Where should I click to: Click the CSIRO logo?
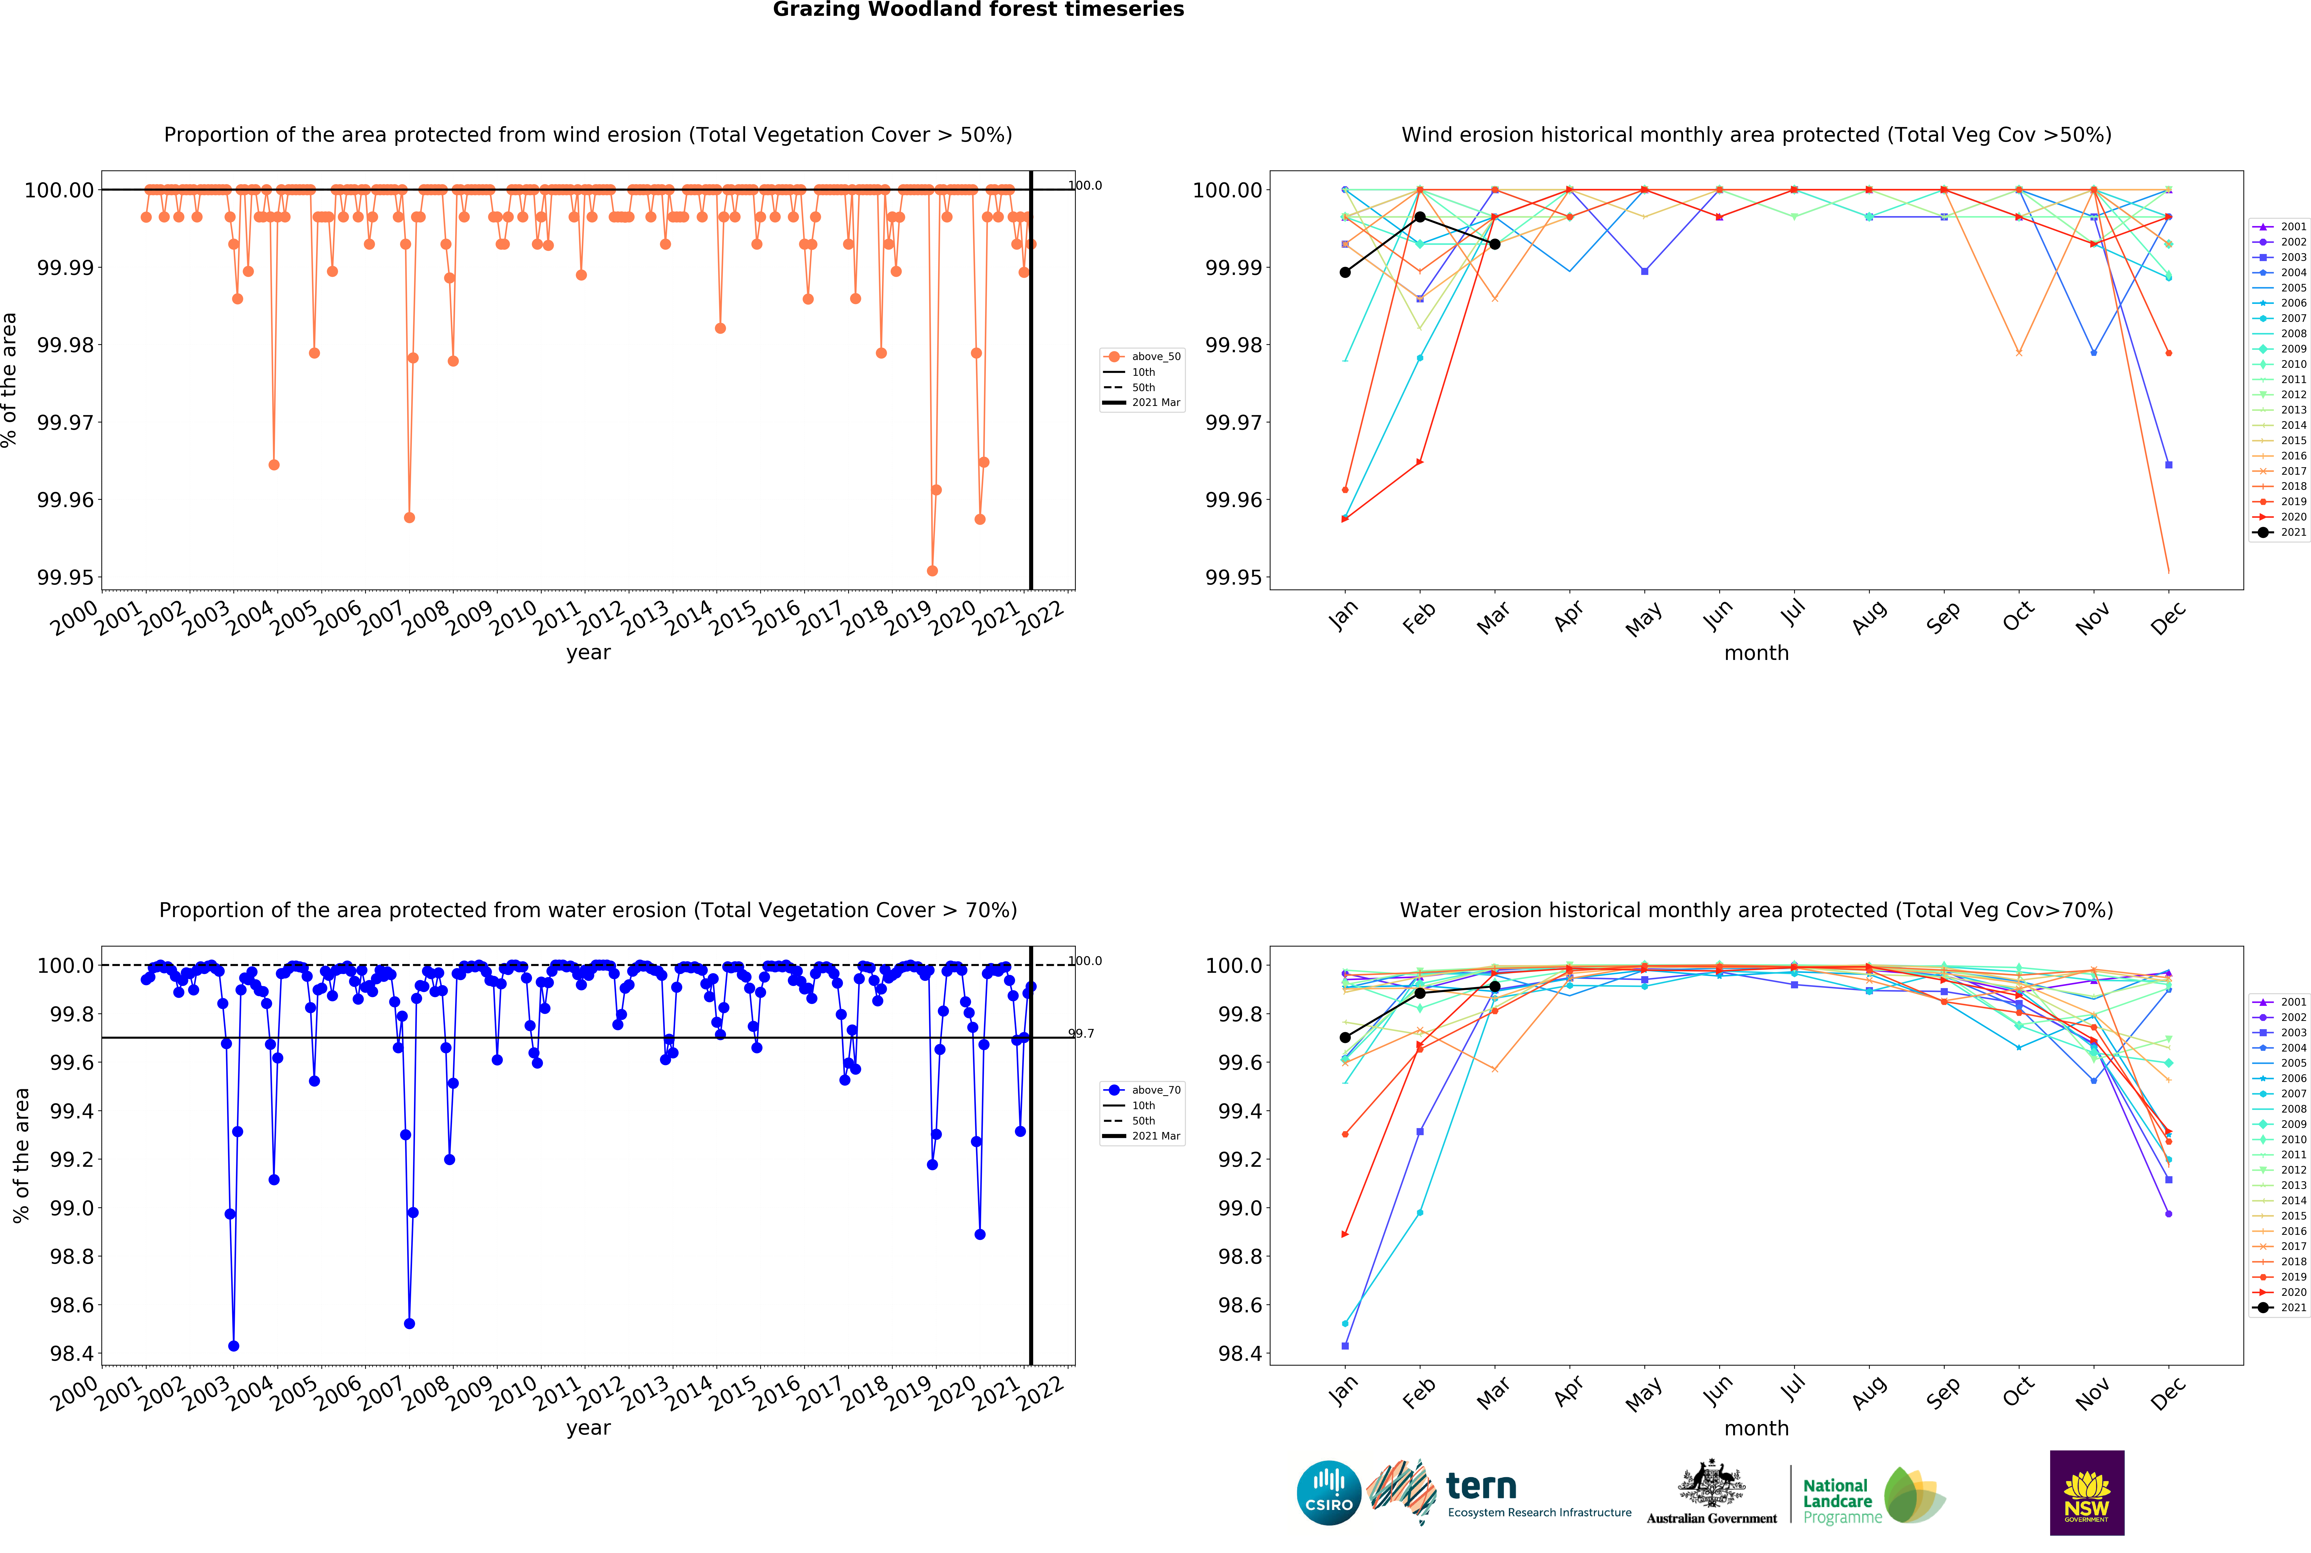tap(1328, 1492)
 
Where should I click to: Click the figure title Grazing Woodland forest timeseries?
tap(978, 10)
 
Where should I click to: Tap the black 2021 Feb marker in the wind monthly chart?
tap(1420, 217)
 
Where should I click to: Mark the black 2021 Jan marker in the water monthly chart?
tap(1344, 1037)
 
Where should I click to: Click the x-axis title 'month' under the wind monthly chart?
tap(1756, 653)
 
